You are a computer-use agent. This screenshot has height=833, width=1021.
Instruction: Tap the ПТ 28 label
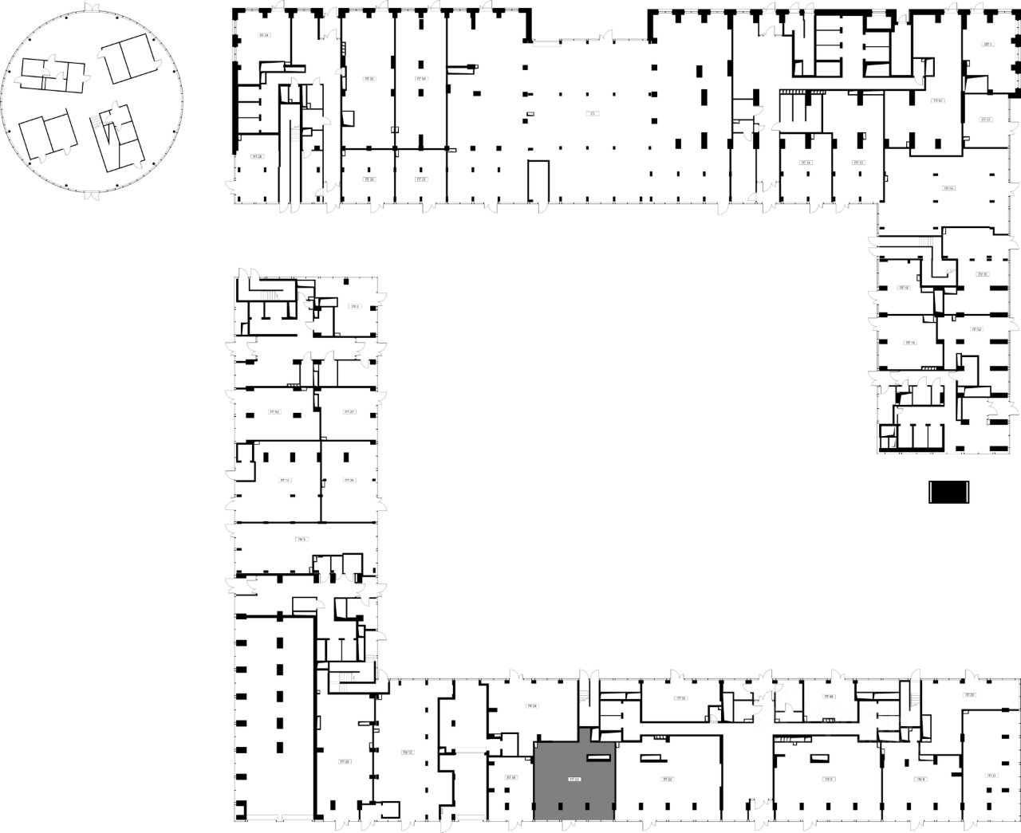(257, 157)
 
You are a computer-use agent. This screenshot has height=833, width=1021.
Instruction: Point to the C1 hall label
(592, 114)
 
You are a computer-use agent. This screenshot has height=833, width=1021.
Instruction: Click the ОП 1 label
(987, 45)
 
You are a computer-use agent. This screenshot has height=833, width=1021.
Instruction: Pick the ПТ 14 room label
(807, 163)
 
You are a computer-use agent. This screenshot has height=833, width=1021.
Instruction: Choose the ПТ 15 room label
(858, 163)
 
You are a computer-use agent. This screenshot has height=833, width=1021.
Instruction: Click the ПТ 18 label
(904, 288)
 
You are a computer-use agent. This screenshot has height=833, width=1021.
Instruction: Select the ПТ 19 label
(910, 343)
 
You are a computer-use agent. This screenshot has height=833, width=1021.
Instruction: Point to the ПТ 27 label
(349, 412)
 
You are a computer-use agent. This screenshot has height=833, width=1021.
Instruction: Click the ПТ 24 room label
(532, 706)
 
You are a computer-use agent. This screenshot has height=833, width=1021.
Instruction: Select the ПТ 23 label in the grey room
(574, 779)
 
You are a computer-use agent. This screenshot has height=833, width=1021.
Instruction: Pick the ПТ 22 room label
(667, 779)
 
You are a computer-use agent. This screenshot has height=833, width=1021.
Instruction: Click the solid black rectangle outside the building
(948, 493)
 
